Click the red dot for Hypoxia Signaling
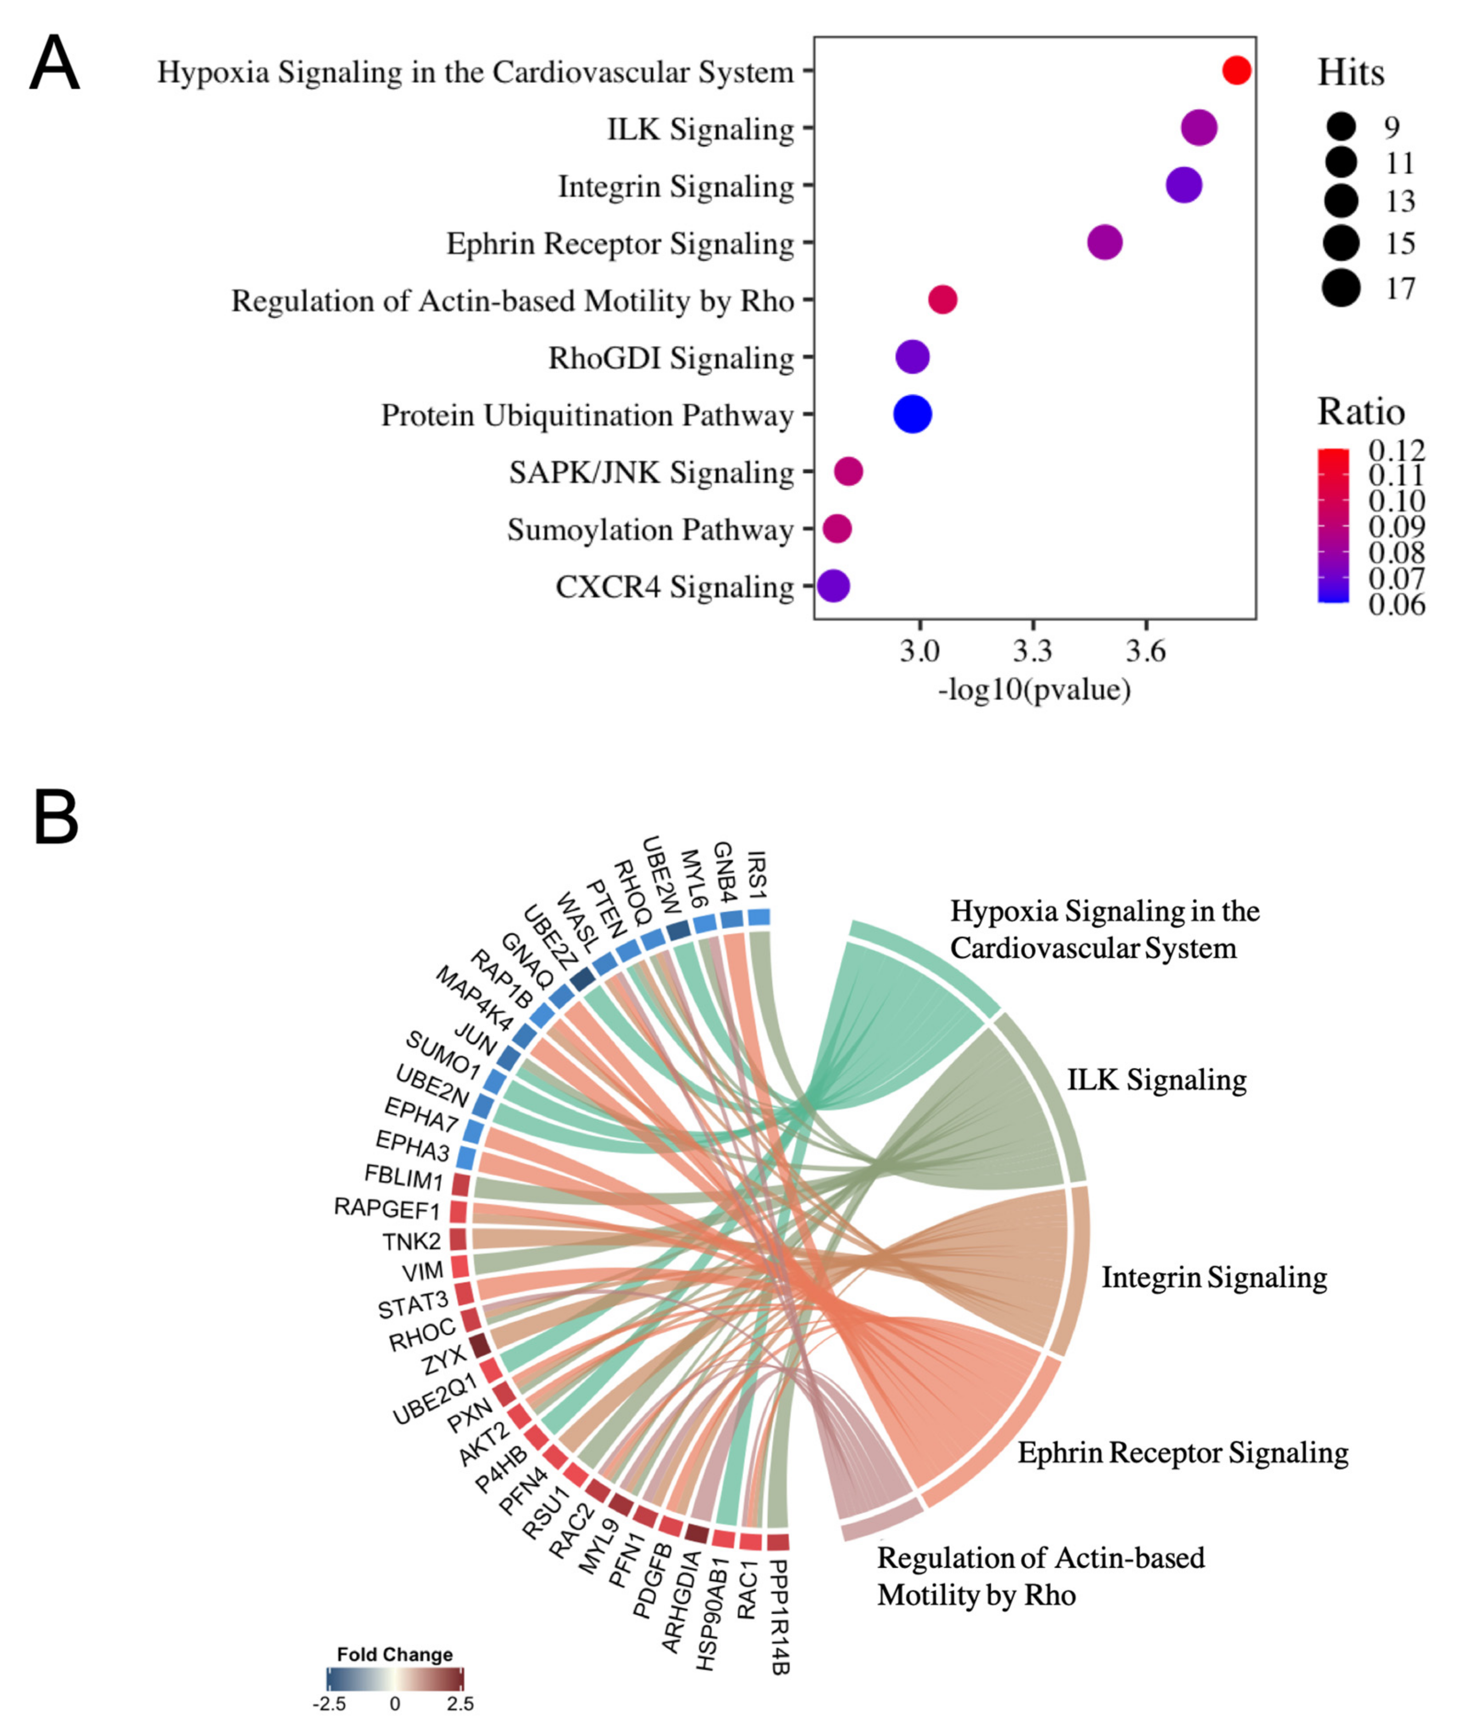point(1236,70)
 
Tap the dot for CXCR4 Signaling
point(833,586)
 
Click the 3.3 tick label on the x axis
point(1032,652)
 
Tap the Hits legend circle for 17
point(1341,288)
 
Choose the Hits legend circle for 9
point(1341,127)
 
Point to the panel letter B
point(55,817)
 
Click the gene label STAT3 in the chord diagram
point(413,1306)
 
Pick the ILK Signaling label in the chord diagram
point(1156,1080)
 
